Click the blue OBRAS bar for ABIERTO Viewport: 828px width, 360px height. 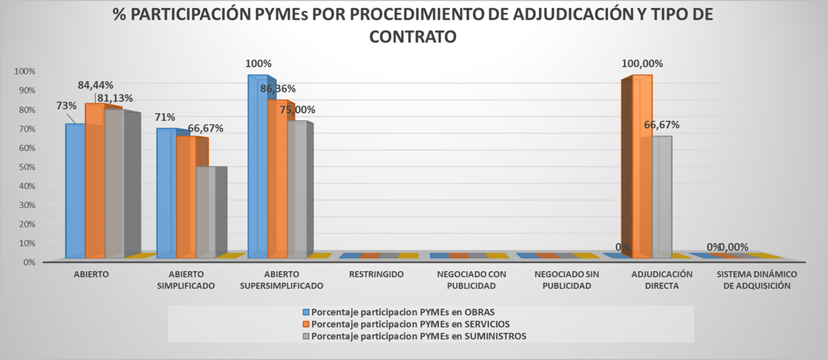click(75, 190)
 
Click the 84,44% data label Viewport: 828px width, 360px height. click(96, 85)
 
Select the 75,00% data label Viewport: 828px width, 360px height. click(297, 110)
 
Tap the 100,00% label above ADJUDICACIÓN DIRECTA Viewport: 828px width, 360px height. click(642, 64)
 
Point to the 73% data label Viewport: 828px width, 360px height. click(66, 106)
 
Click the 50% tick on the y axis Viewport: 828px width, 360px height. click(28, 167)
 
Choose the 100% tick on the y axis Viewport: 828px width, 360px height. click(26, 71)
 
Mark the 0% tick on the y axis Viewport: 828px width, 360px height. click(29, 262)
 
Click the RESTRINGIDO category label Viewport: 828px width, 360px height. click(376, 275)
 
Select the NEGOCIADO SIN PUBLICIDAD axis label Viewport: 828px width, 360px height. click(567, 280)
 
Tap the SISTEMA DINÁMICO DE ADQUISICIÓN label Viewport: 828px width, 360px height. click(757, 280)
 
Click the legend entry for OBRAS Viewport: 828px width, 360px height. click(403, 312)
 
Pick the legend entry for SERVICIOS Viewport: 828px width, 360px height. click(410, 324)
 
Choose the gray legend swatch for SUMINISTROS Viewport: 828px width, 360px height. click(306, 336)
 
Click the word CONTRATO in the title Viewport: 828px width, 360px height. click(412, 37)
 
